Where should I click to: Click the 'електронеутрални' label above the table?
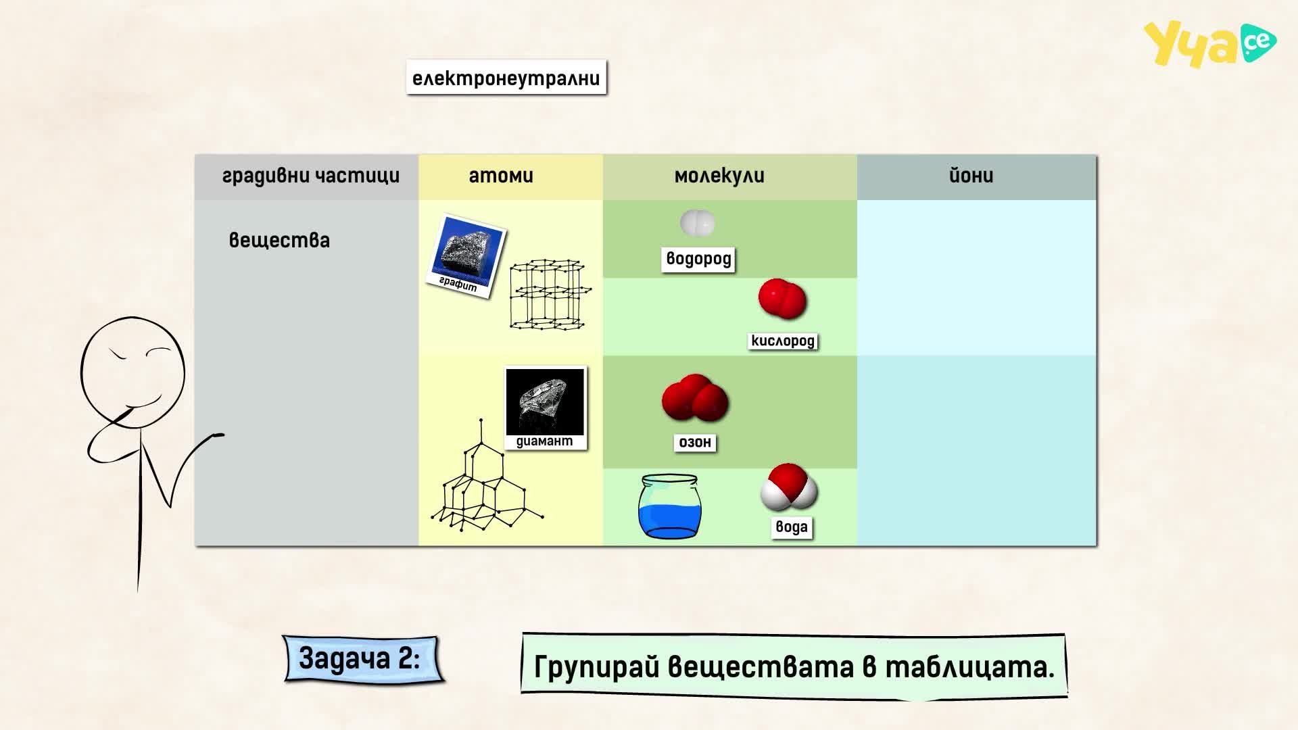click(506, 78)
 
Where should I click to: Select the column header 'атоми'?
click(501, 176)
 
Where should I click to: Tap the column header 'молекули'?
click(719, 176)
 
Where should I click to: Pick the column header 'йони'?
click(971, 176)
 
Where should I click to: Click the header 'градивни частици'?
click(311, 176)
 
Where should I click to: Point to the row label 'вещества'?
click(279, 240)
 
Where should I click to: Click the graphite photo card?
click(466, 256)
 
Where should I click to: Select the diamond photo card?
click(545, 408)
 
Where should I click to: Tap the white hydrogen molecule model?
click(697, 222)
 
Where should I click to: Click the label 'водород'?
click(698, 259)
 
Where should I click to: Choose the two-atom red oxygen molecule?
click(782, 298)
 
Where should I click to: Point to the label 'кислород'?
click(783, 341)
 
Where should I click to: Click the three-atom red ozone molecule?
click(694, 399)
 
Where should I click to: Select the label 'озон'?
click(695, 442)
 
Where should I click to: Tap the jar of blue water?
click(669, 506)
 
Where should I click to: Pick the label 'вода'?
click(791, 527)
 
